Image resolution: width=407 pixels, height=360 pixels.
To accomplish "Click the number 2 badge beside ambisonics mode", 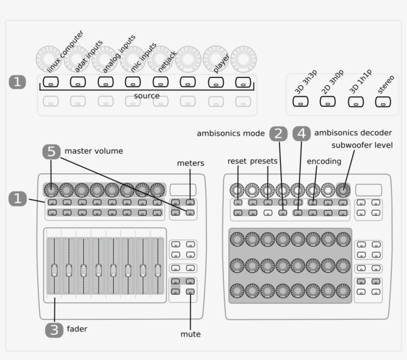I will click(x=278, y=133).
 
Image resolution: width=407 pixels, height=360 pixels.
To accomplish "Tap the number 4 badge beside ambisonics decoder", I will click(x=301, y=133).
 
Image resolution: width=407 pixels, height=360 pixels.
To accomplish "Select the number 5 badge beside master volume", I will click(x=52, y=151).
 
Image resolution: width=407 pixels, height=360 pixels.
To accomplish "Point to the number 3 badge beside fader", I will click(x=54, y=330).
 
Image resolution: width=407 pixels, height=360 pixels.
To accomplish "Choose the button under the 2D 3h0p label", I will click(x=327, y=102).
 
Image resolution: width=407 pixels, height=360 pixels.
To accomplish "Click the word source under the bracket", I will click(x=147, y=96).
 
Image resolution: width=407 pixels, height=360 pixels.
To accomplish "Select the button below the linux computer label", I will click(x=50, y=82).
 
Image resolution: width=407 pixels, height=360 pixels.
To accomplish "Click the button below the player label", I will click(x=215, y=82).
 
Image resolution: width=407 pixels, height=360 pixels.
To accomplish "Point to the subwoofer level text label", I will click(x=362, y=145).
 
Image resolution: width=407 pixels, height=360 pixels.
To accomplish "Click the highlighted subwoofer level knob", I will click(x=343, y=190).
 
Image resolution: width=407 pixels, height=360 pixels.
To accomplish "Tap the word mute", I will click(x=191, y=334).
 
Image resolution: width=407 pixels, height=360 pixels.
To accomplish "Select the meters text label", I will click(x=191, y=163).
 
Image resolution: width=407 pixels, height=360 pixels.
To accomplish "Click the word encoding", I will click(x=324, y=161).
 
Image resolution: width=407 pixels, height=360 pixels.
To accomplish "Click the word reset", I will click(x=237, y=161).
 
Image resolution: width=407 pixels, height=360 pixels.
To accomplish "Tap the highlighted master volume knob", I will click(x=51, y=189).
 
